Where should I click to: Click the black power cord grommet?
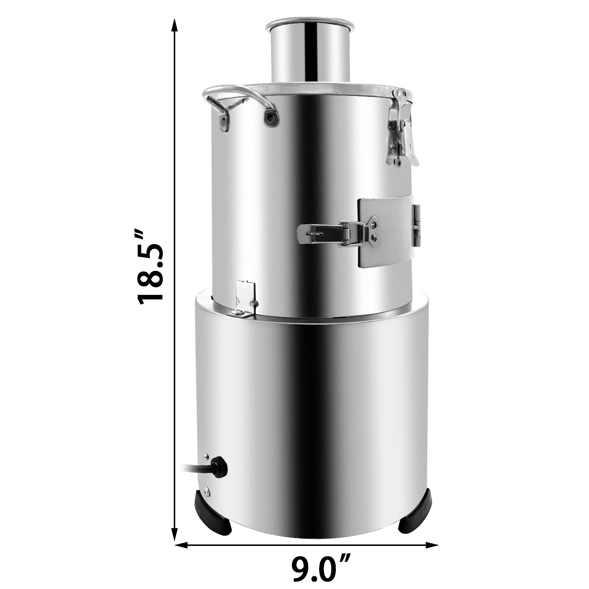(220, 467)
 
